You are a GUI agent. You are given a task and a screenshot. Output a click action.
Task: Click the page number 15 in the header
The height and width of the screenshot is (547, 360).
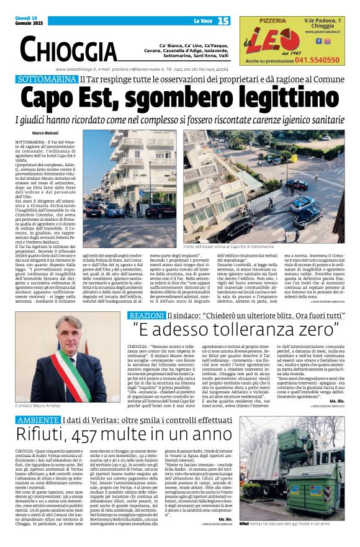tap(223, 21)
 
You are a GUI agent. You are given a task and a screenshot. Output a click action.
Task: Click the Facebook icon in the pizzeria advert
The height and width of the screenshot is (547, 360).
tap(319, 41)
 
